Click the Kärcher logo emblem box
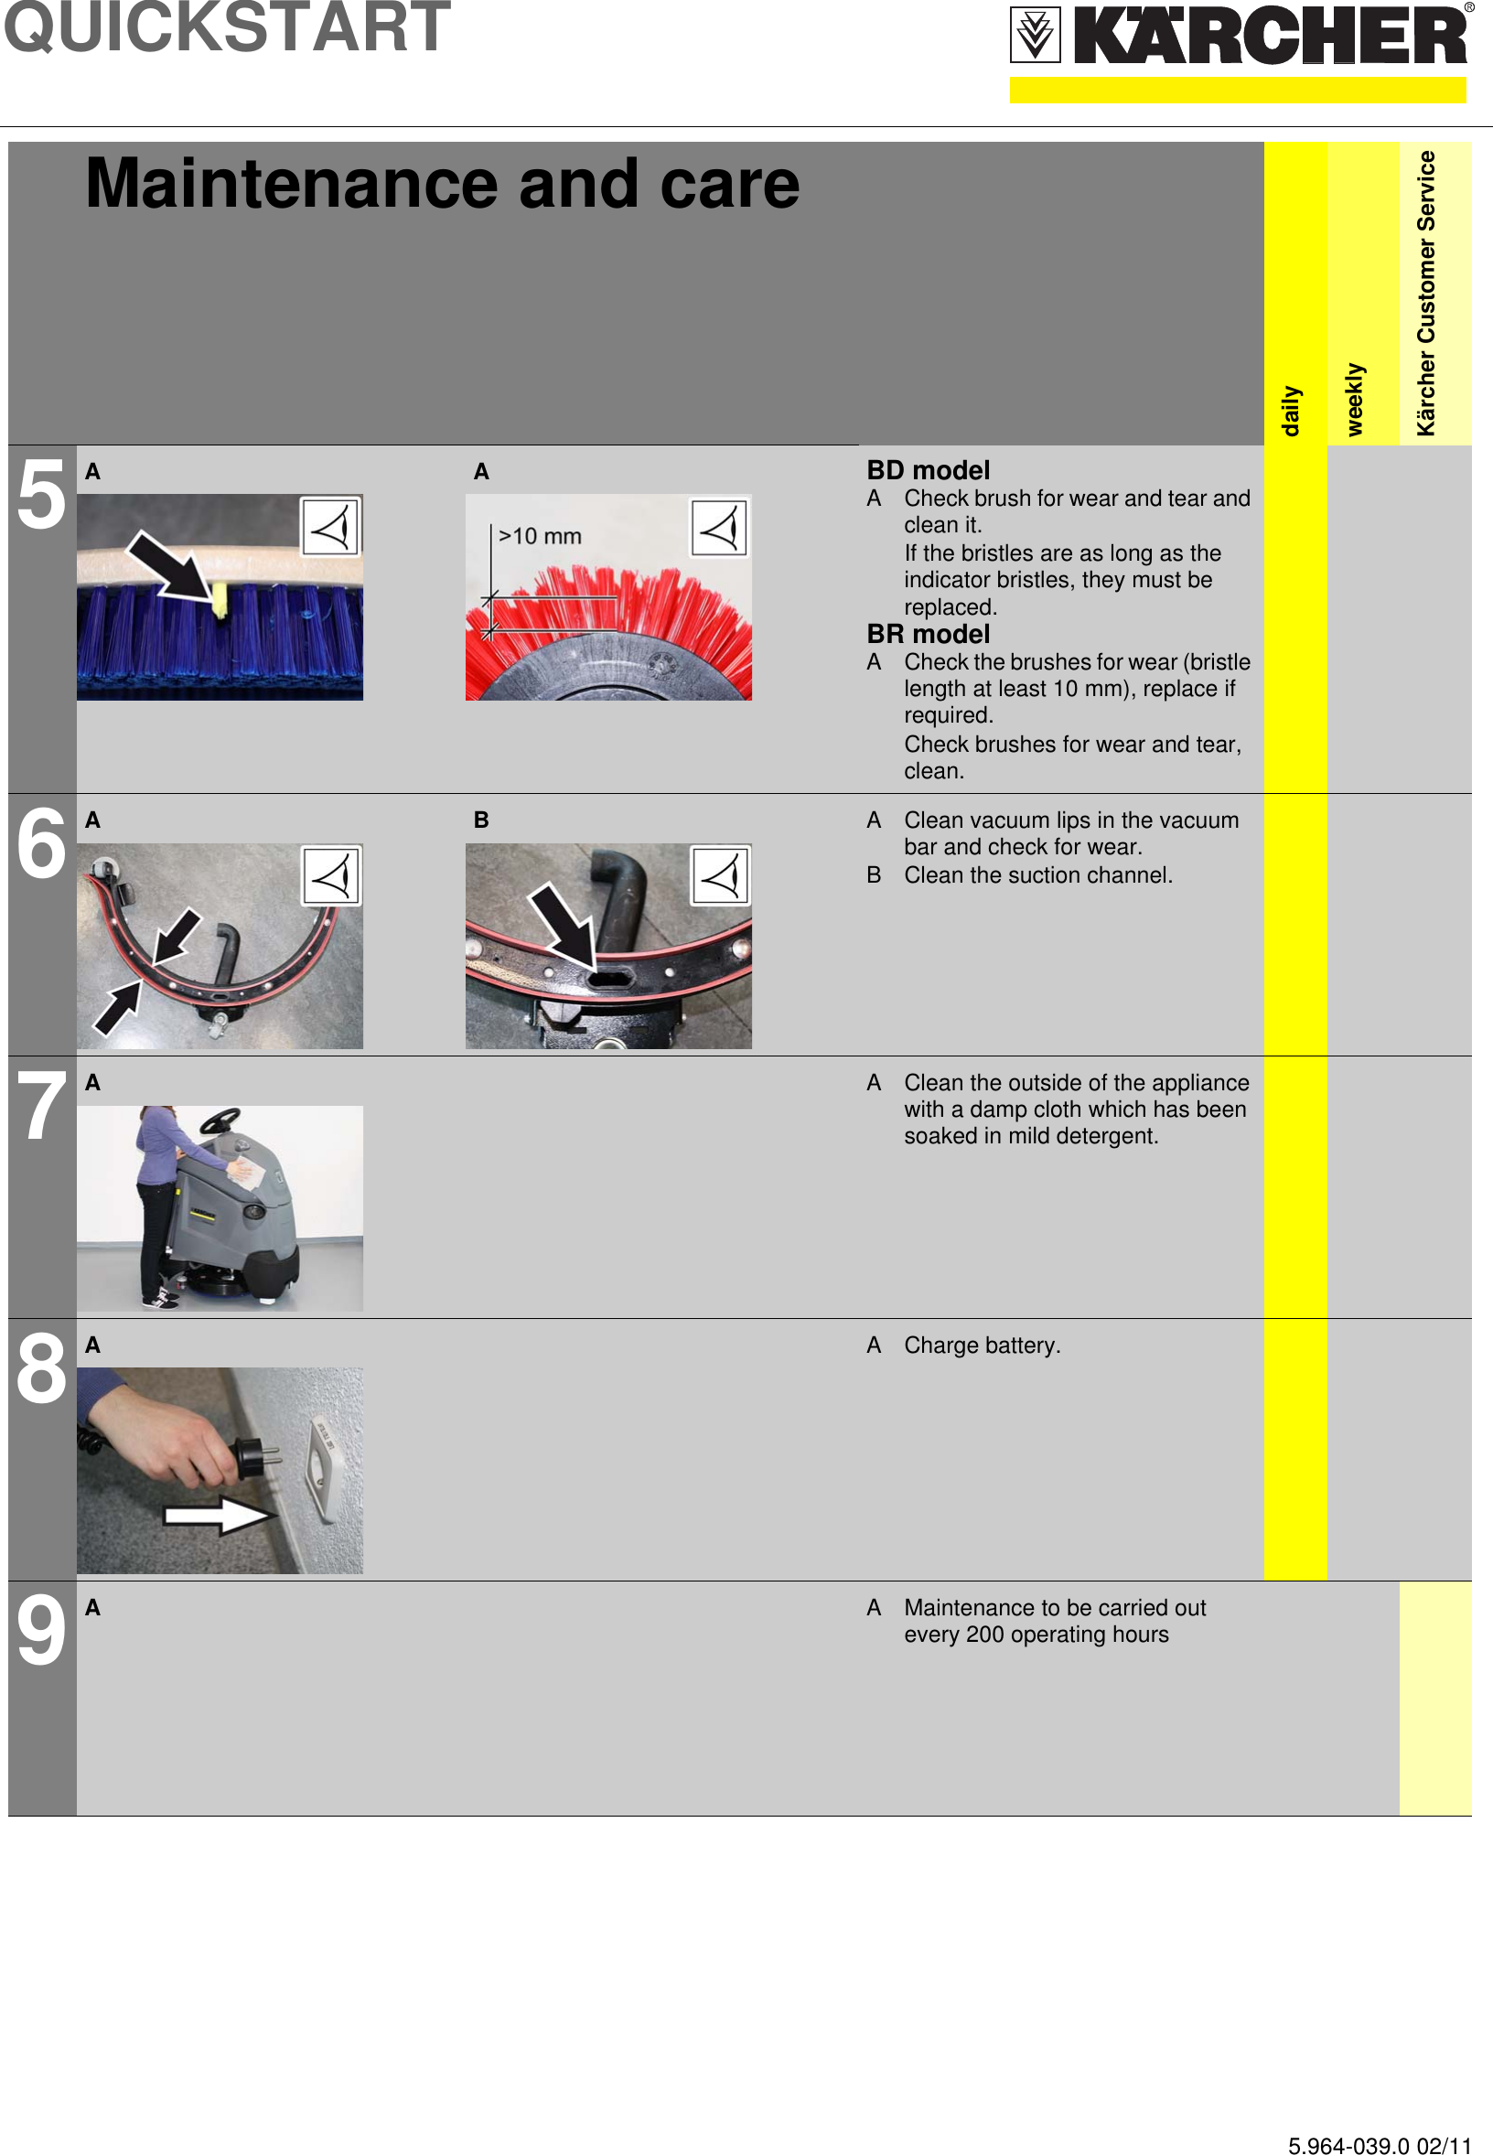click(1035, 35)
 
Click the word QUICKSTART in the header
click(227, 28)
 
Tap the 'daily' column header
click(1291, 410)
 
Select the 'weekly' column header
click(1355, 399)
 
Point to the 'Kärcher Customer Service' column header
click(1425, 293)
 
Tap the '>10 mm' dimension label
click(540, 536)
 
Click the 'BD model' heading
click(927, 469)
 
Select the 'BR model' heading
click(927, 633)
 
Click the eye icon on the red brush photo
click(718, 529)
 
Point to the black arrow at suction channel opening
click(564, 926)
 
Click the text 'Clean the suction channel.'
click(1037, 874)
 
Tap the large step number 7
click(42, 1107)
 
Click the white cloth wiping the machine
click(249, 1173)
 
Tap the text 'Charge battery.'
click(982, 1345)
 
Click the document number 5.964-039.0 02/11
click(1379, 2139)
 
